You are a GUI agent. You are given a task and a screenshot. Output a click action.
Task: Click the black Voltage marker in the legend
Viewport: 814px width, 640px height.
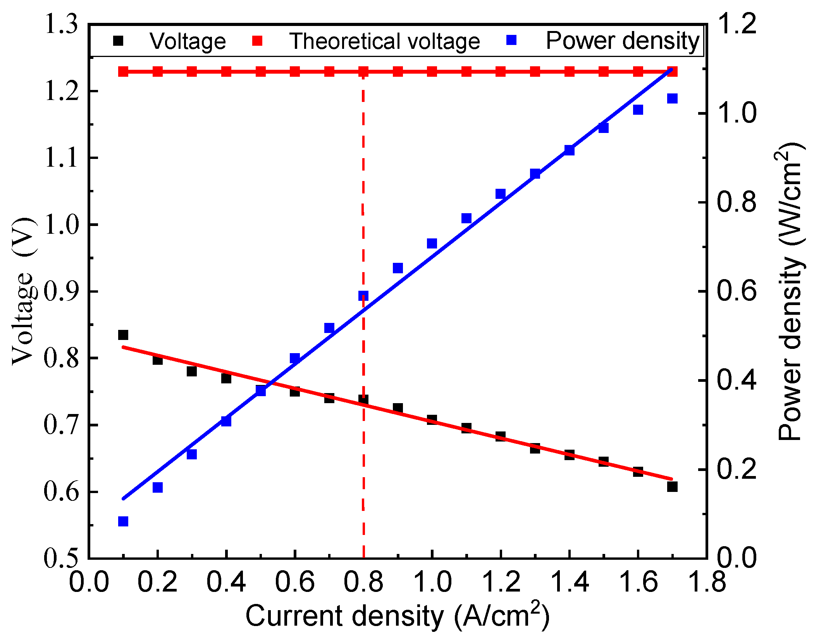tap(118, 41)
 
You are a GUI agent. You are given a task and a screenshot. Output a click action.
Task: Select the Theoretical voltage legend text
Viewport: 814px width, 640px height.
tap(384, 41)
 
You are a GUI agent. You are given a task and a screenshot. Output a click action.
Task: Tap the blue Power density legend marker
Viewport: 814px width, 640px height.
tap(511, 40)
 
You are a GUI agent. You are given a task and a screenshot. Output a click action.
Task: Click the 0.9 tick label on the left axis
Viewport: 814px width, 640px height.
tap(60, 292)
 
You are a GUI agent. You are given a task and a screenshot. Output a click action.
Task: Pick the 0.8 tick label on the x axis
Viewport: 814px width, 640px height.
tap(363, 583)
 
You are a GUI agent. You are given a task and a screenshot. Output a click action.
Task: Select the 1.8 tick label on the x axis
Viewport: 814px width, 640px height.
tap(706, 583)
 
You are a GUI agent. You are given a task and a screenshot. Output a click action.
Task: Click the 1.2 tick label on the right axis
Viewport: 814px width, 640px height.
tap(736, 24)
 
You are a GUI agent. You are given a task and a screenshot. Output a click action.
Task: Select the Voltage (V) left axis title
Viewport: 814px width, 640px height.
tap(23, 291)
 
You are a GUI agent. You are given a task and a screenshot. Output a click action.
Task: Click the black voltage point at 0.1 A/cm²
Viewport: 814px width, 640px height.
tap(123, 335)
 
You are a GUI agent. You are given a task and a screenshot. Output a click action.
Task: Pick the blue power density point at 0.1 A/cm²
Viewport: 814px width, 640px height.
tap(123, 521)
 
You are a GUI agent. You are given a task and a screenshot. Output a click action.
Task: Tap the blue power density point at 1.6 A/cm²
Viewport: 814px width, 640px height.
tap(638, 110)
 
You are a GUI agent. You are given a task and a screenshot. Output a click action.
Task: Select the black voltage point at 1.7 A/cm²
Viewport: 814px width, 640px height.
tap(672, 486)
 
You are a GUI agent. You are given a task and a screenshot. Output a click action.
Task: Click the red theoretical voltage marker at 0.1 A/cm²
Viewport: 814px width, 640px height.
tap(123, 72)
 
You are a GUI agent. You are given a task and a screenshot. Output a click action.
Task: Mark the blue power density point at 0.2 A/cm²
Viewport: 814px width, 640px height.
tap(157, 487)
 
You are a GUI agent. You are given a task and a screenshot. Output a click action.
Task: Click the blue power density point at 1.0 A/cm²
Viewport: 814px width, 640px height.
tap(432, 243)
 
